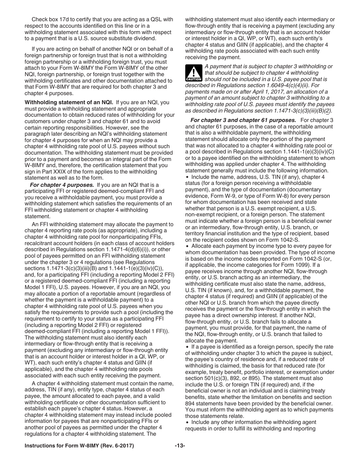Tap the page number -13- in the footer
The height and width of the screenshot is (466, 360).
click(180, 446)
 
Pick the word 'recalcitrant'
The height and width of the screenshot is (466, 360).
click(40, 243)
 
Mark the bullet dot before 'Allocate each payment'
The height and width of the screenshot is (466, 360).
click(187, 246)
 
